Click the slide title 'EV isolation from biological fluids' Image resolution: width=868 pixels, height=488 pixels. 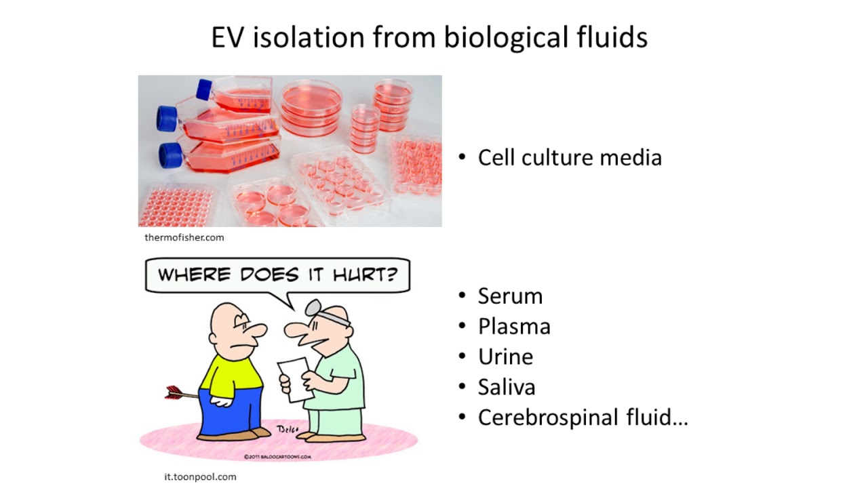(429, 37)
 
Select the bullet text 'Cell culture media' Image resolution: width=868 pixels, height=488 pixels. (569, 157)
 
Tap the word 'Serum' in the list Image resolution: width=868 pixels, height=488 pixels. (510, 296)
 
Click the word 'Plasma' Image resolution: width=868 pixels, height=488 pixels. (514, 327)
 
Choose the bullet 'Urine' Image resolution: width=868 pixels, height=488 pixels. (505, 357)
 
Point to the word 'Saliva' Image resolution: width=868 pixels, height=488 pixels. (507, 387)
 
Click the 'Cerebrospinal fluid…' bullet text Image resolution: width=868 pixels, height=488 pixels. (583, 418)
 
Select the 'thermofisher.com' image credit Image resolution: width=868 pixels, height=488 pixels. (184, 237)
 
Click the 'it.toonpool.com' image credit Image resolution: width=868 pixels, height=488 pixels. (200, 476)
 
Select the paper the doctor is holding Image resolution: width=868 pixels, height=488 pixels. (294, 378)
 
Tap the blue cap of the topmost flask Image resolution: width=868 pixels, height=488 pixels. (203, 89)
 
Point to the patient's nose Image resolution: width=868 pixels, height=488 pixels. (257, 331)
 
